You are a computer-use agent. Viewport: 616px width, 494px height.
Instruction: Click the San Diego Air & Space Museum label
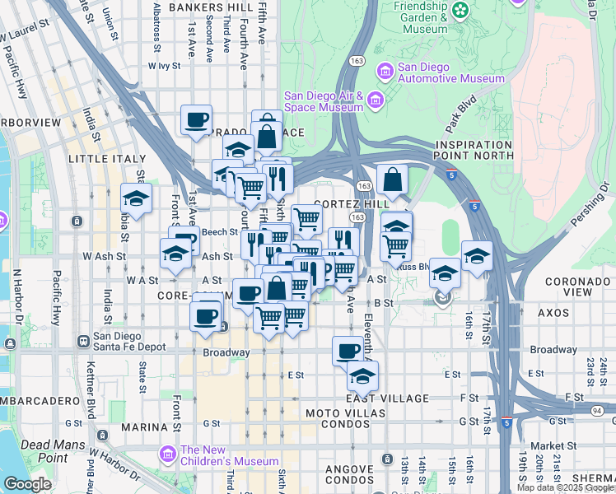tap(323, 100)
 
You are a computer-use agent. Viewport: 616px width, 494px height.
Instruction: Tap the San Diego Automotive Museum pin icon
tap(384, 72)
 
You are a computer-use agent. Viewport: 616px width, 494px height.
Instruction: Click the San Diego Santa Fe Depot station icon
tap(82, 341)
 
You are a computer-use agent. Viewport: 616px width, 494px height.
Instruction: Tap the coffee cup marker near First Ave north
tap(197, 121)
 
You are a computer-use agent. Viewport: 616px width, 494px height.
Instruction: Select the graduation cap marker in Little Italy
tap(136, 198)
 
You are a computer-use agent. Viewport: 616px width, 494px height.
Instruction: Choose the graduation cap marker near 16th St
tap(477, 256)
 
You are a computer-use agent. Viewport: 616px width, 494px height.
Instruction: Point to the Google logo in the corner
tap(27, 484)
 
